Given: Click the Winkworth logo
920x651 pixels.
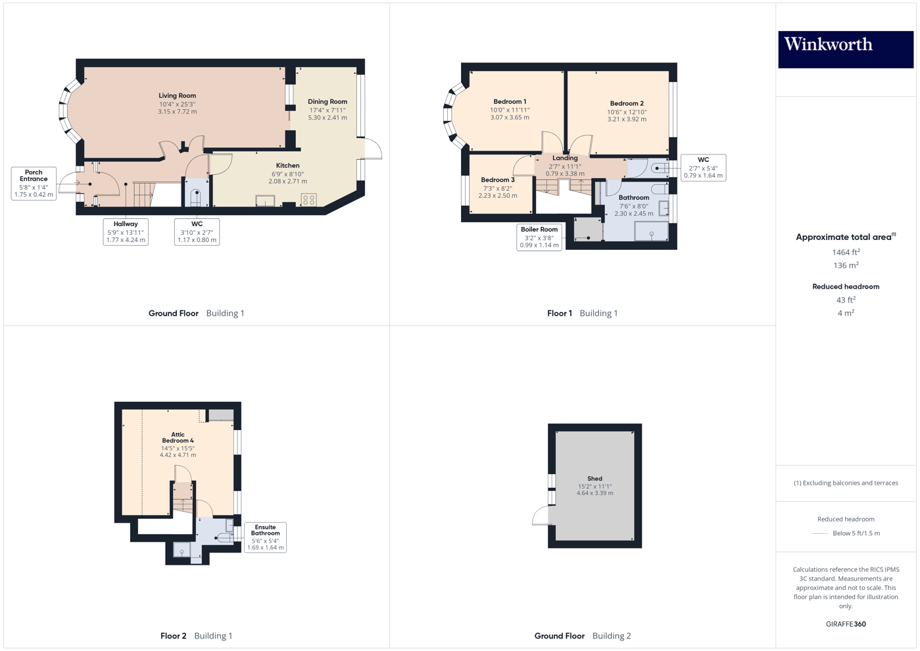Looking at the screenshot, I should (x=845, y=49).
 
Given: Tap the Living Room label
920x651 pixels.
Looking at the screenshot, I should (x=177, y=96).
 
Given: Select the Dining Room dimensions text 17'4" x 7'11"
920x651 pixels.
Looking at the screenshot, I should (x=327, y=110).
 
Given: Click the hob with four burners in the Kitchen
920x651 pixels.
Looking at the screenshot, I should (x=308, y=200).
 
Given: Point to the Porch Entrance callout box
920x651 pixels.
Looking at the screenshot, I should (x=34, y=183).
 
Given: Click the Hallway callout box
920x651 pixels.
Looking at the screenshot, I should (x=126, y=232).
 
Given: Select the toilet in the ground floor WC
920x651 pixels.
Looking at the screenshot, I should (x=196, y=197).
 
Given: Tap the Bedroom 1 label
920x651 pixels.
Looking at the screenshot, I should (x=510, y=102).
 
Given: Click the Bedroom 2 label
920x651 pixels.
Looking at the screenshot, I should (x=627, y=104).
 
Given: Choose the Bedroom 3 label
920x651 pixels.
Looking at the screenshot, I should (x=498, y=180).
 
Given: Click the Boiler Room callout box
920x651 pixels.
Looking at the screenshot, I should (x=539, y=237).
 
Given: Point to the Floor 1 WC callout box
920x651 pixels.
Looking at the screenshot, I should (x=703, y=168).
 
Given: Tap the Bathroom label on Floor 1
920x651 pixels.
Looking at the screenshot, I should (x=634, y=198).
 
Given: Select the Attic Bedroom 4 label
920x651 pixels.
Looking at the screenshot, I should (x=178, y=437).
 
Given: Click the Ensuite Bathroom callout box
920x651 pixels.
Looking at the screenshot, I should (x=265, y=537).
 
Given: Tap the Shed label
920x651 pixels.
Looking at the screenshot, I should (x=594, y=479).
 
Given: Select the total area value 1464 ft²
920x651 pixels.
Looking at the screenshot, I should (x=846, y=253).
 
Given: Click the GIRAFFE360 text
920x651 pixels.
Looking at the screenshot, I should (x=846, y=624).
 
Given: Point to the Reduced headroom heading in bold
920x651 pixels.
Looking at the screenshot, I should (x=846, y=287).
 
